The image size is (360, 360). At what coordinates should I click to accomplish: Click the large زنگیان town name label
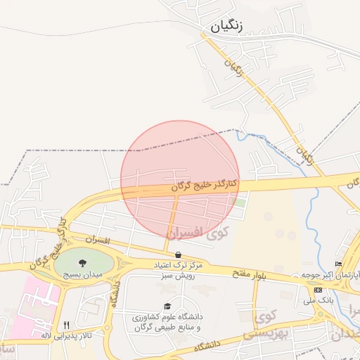pos(226,27)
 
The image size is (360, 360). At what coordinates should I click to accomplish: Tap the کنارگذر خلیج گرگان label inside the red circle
pos(205,186)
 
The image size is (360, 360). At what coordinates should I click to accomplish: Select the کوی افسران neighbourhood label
pos(194,231)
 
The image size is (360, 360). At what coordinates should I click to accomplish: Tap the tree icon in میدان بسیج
pos(83,263)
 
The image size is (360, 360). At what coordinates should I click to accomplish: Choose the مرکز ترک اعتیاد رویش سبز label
pos(178,270)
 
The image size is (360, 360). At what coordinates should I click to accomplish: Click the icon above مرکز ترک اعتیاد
pos(178,255)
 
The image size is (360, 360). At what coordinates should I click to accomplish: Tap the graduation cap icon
pos(167,307)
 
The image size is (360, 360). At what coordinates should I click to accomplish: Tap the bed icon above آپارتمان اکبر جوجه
pos(339,264)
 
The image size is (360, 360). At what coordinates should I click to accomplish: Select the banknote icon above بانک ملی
pos(319,290)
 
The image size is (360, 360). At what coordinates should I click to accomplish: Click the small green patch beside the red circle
pos(241,203)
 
